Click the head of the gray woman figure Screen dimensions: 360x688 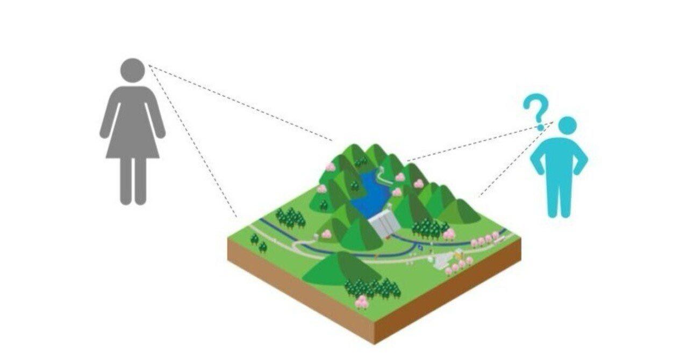tap(132, 71)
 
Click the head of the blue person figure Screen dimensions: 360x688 tap(567, 127)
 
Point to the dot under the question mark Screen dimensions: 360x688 tap(540, 127)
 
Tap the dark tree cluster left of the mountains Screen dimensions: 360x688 tap(290, 218)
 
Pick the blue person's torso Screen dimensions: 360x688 tap(560, 156)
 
